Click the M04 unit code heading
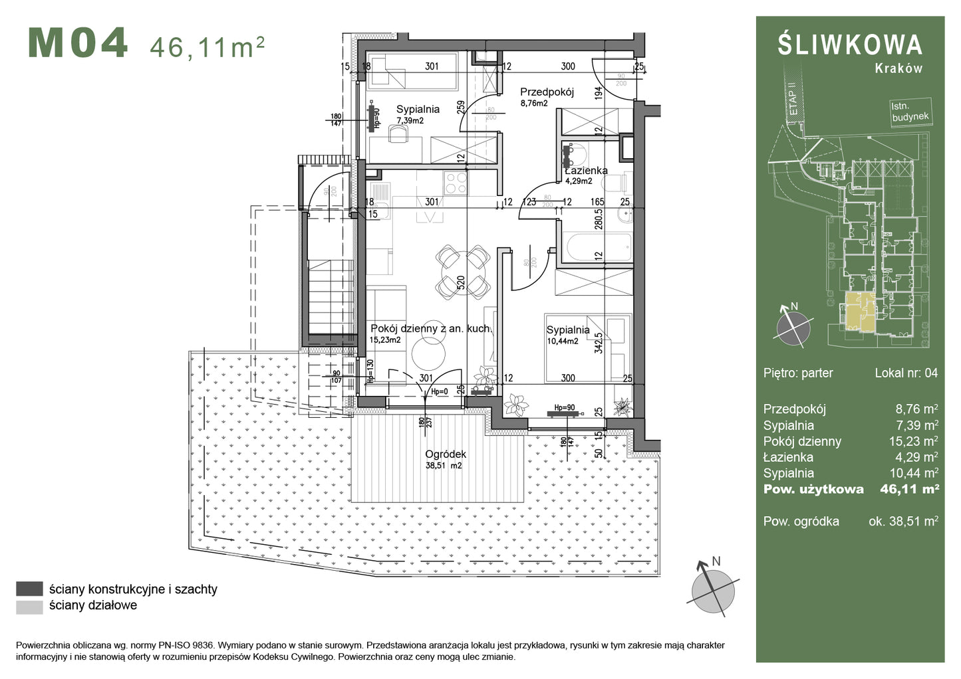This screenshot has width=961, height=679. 78,44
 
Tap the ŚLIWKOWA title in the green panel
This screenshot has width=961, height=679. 850,45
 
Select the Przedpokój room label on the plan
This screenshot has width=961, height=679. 547,92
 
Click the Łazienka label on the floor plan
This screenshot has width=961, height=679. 586,171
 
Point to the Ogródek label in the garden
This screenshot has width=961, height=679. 445,454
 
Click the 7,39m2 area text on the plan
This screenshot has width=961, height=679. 410,120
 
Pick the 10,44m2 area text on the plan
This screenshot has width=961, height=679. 562,341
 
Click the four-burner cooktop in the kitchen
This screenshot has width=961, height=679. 456,183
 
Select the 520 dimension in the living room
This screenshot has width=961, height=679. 460,284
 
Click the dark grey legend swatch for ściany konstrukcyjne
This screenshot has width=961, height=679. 29,589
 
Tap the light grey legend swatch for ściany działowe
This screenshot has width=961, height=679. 29,606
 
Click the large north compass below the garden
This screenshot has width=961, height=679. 713,588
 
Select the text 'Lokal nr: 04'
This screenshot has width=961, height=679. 906,373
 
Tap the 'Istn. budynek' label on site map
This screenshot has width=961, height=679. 910,112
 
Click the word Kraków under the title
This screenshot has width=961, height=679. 898,68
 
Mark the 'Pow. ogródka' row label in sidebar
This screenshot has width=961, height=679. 801,522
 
